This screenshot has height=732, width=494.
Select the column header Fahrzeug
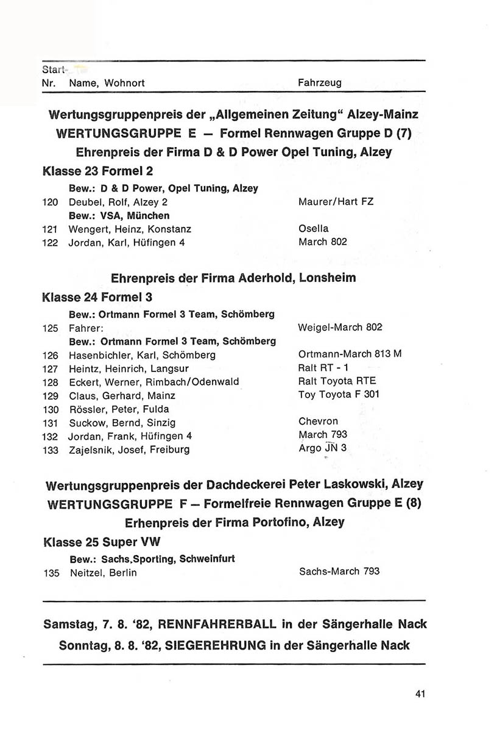[320, 82]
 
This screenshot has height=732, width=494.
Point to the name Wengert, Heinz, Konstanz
[130, 229]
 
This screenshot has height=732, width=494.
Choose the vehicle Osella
[314, 229]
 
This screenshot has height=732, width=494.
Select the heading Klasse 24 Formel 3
[97, 298]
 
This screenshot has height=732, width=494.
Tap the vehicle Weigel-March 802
[340, 328]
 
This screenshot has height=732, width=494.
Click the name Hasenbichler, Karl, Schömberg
[142, 355]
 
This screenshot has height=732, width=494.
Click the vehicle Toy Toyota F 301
[339, 395]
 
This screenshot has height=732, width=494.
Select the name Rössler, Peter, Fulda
[119, 409]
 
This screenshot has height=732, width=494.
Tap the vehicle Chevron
[318, 422]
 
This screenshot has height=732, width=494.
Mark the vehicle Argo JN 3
[322, 449]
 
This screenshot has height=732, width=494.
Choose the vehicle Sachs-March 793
[339, 572]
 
